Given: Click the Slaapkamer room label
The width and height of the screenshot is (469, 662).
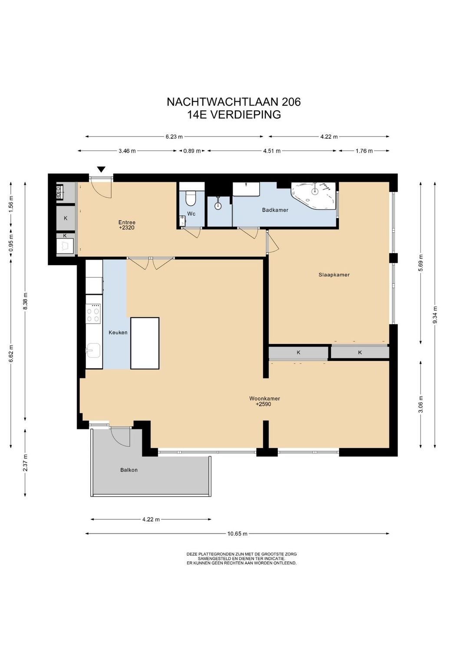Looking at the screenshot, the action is pos(334,275).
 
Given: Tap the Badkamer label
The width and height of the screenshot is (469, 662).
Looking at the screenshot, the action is pos(275,210).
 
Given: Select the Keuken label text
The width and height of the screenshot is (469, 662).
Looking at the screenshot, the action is pos(118,332).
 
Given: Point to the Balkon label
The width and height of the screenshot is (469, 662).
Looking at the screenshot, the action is pos(129,470).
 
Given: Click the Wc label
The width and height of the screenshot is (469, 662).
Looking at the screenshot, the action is pos(191,214).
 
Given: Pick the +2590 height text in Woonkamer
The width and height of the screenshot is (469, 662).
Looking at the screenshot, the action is pos(263,405).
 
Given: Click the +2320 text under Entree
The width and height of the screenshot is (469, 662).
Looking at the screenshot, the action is pos(127,228).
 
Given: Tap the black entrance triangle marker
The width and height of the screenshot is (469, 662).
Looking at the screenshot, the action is pos(102,169).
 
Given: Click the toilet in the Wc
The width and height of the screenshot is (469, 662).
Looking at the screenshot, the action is pos(190,198).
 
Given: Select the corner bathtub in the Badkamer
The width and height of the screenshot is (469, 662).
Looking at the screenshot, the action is pos(314,196).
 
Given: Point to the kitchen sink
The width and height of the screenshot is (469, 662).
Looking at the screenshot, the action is pos(93,351).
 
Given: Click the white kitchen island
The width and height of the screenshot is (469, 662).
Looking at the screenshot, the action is pos(145,344).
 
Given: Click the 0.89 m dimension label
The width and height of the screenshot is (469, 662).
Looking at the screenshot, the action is pos(192,151).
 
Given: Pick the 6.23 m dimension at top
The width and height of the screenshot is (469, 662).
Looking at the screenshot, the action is pos(174,137).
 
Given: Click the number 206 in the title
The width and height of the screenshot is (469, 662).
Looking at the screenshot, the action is pos(291,102).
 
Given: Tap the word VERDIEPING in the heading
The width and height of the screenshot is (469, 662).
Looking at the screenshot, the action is pos(245,115).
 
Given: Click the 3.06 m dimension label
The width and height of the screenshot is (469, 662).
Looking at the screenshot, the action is pos(421,404).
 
